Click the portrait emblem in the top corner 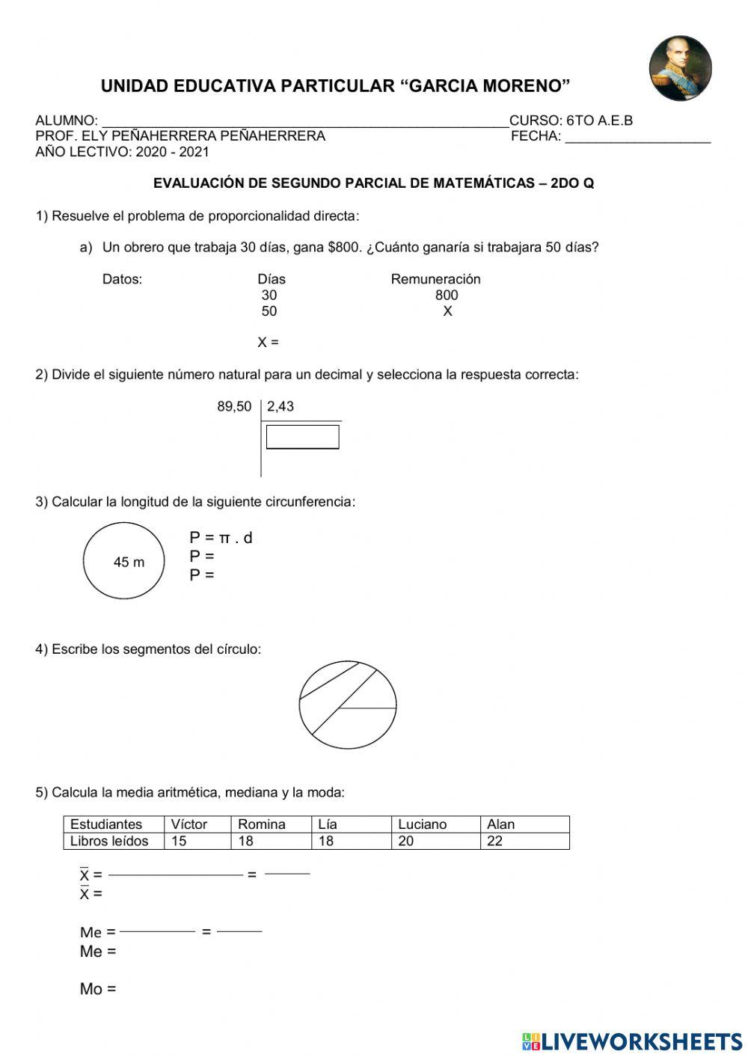click(680, 68)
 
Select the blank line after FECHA click(637, 138)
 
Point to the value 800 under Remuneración click(447, 295)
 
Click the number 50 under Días click(269, 311)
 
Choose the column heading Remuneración click(435, 279)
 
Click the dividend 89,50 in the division click(234, 407)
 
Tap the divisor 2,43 click(280, 407)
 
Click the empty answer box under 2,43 click(302, 437)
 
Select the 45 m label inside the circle click(129, 563)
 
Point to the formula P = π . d click(221, 538)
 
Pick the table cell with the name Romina click(262, 824)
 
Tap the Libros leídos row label click(109, 841)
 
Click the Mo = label click(98, 989)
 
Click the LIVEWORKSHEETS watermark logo click(632, 1041)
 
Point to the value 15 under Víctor click(179, 841)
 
